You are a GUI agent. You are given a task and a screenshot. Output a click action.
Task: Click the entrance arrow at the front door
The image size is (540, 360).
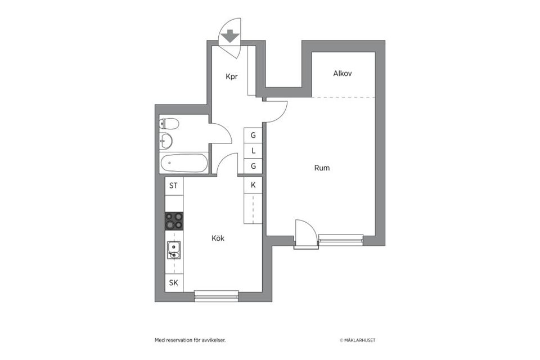[x=229, y=38]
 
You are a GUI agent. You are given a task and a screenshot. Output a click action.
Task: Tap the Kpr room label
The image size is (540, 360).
[x=231, y=76]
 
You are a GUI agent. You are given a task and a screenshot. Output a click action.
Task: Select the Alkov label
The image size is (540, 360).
[x=342, y=74]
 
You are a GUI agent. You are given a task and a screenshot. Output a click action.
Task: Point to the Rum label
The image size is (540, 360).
[x=322, y=168]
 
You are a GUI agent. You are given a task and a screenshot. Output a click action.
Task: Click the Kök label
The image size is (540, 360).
[x=218, y=238]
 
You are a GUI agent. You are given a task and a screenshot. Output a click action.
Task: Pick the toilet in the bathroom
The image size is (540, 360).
[x=169, y=124]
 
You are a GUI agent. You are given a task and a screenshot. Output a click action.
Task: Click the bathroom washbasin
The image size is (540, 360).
[x=166, y=141]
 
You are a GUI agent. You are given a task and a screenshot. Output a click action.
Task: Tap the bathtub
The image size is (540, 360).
[x=183, y=164]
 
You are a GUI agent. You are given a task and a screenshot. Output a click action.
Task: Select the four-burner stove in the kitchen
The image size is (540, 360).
[x=174, y=221]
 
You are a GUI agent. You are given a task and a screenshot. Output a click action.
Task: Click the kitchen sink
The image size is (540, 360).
[x=174, y=250]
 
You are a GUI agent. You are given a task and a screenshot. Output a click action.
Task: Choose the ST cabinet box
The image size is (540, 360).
[x=174, y=186]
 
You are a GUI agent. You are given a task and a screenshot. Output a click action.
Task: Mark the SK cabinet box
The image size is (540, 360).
[x=174, y=283]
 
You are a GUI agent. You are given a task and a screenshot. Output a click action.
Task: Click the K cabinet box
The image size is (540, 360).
[x=253, y=185]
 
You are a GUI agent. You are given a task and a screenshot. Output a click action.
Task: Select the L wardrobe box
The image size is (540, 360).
[x=253, y=151]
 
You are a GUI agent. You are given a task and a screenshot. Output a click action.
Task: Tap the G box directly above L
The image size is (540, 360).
[x=253, y=136]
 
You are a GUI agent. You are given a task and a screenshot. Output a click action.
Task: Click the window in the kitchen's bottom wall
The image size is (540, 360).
[x=217, y=296]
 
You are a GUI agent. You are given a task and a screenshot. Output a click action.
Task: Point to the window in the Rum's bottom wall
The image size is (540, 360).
[x=340, y=240]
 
